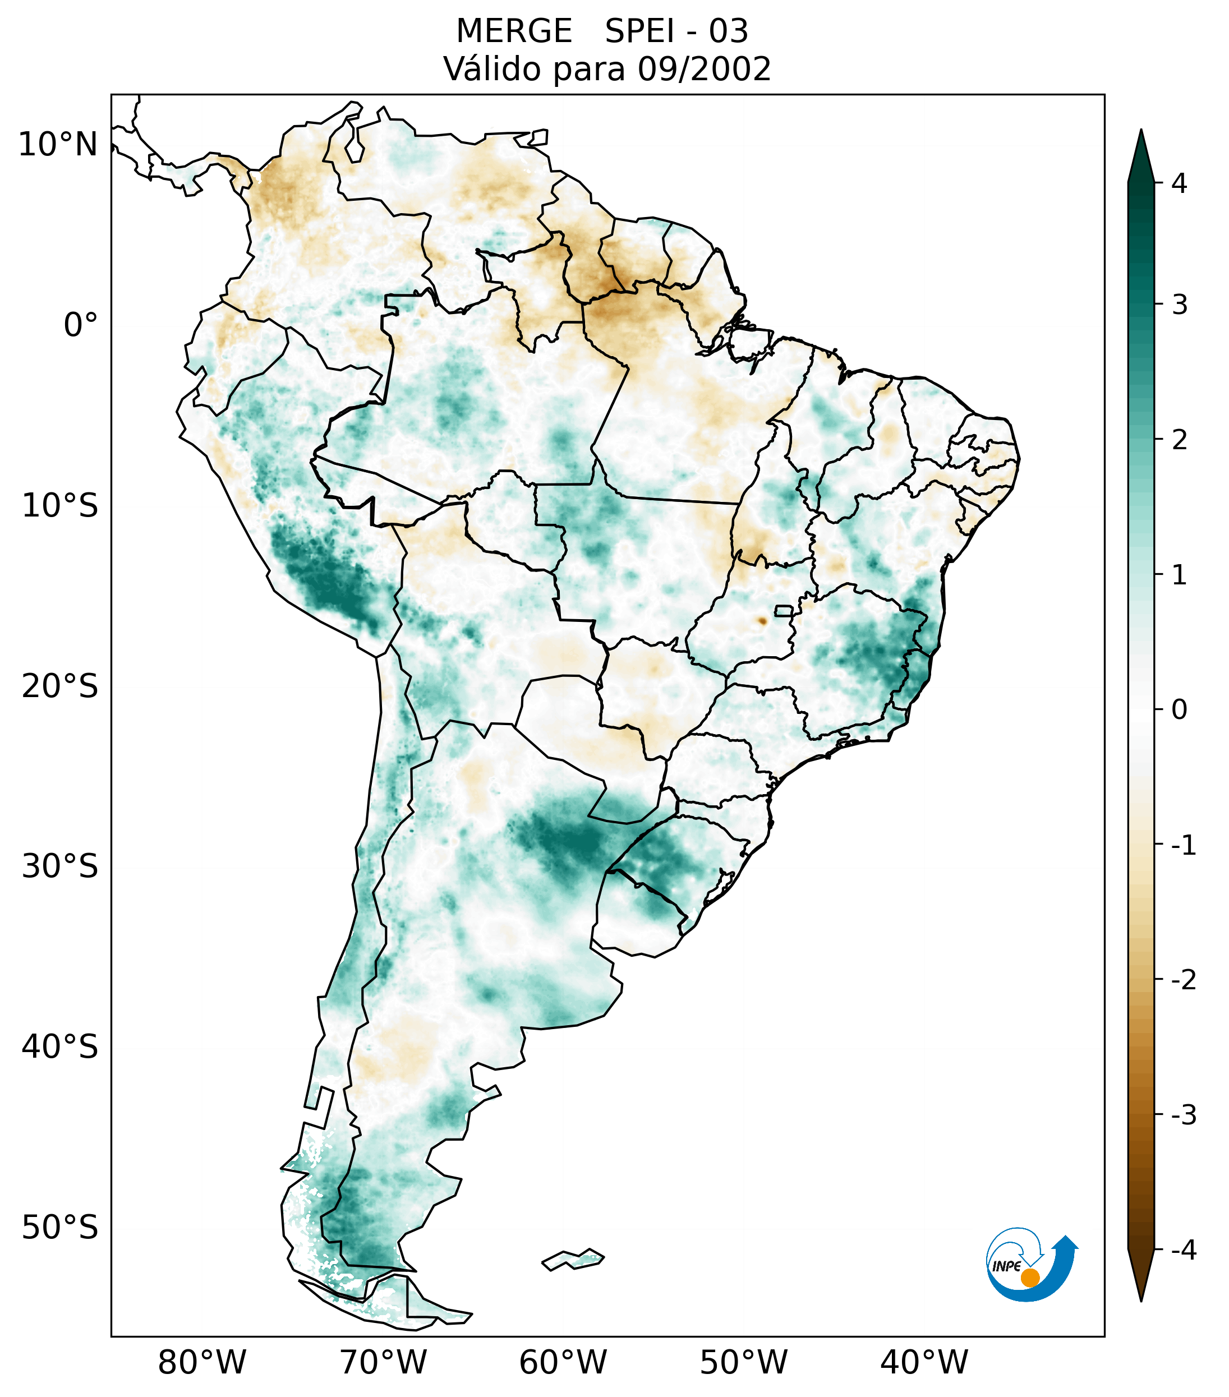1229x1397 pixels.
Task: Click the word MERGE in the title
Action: click(514, 31)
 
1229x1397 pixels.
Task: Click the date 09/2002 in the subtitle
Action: click(705, 69)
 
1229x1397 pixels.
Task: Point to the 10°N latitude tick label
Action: click(58, 144)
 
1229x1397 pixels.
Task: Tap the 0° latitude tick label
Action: click(81, 325)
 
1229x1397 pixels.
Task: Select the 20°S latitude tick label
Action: click(60, 686)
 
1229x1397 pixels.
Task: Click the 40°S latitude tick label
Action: click(60, 1047)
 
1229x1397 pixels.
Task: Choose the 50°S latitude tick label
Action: click(60, 1228)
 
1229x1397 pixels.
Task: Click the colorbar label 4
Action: click(1179, 183)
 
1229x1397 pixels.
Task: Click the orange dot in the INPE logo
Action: click(1029, 1278)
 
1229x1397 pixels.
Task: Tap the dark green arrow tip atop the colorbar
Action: click(1141, 154)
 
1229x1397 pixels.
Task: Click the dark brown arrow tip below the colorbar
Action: click(1141, 1278)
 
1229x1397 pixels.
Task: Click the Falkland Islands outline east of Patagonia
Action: click(573, 1259)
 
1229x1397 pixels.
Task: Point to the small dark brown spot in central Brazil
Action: click(762, 621)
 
